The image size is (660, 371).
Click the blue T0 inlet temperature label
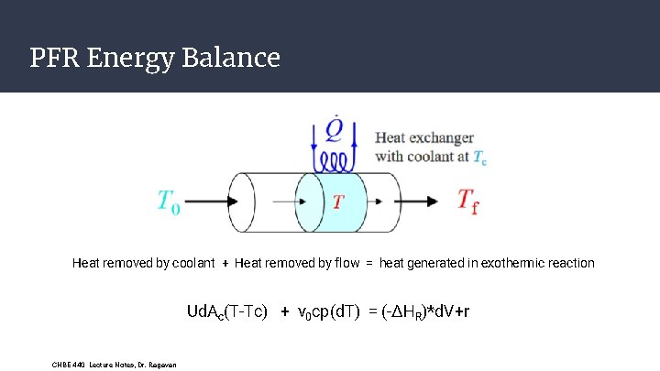pos(169,201)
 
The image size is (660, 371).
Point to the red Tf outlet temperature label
pos(467,201)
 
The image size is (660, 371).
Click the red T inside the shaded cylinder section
pos(337,201)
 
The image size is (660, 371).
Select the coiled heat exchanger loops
pos(336,163)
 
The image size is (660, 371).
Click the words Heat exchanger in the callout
pos(423,138)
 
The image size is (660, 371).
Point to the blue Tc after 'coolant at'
pos(478,157)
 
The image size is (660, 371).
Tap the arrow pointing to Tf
pos(427,200)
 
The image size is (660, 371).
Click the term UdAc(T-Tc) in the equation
pos(226,312)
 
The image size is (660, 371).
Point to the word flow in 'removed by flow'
pos(346,264)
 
